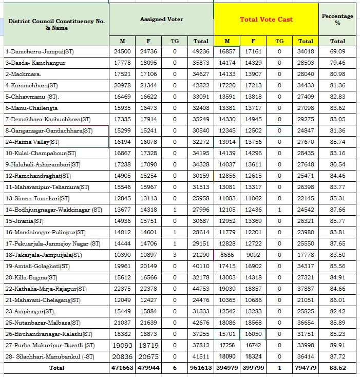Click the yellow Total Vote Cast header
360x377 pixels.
click(266, 20)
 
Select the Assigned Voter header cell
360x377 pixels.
click(161, 20)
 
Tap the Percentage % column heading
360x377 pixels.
click(337, 20)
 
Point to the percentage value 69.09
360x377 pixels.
click(337, 51)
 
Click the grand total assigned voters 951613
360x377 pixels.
click(201, 368)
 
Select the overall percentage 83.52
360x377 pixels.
click(337, 368)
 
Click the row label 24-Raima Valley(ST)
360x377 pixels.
click(32, 142)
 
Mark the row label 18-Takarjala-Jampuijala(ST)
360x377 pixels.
click(44, 255)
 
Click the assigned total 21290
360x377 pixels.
click(201, 255)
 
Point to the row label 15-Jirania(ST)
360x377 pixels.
click(24, 221)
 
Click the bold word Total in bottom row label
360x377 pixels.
click(56, 368)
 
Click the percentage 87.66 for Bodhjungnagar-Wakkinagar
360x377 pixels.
click(337, 210)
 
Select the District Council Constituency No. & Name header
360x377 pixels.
click(56, 25)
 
